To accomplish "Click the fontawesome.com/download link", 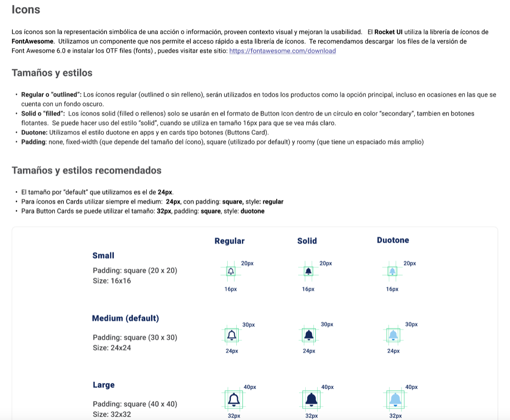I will [282, 51].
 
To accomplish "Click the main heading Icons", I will [26, 10].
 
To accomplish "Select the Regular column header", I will [230, 241].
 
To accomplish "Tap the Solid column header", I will [307, 241].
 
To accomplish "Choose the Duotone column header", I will [393, 240].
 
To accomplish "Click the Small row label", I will [103, 256].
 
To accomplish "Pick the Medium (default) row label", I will [125, 318].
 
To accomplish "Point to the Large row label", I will [104, 385].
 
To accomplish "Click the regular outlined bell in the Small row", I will [231, 271].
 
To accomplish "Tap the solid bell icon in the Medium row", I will [309, 335].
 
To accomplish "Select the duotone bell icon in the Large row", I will [395, 399].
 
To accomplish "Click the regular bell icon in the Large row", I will [234, 399].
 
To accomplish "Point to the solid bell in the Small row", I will [308, 271].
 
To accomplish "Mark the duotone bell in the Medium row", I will [393, 335].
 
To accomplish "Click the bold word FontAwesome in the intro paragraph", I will [33, 41].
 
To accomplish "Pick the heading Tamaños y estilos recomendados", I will [86, 170].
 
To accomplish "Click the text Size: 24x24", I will [112, 348].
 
